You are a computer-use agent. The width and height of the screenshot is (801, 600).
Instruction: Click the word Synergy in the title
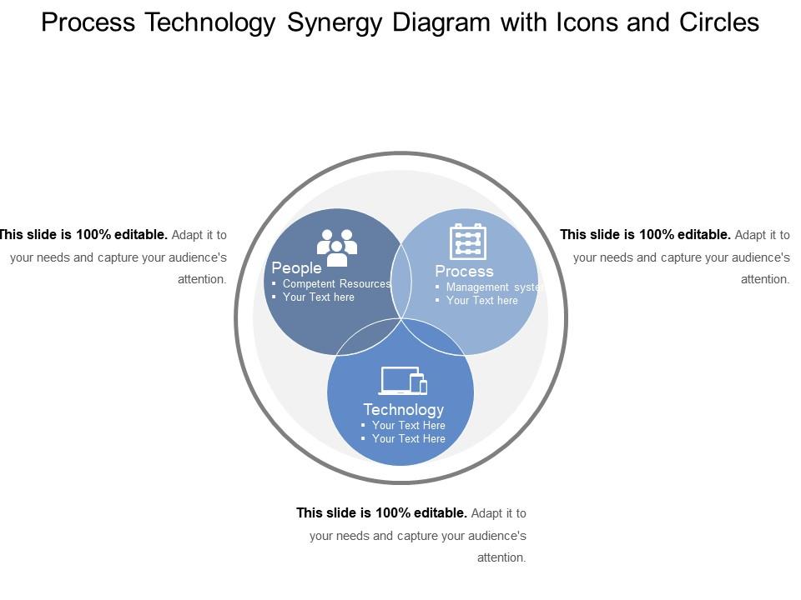pyautogui.click(x=334, y=23)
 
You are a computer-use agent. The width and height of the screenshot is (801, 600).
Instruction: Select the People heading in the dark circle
pyautogui.click(x=296, y=267)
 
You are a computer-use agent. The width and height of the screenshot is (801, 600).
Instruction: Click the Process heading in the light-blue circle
pyautogui.click(x=464, y=271)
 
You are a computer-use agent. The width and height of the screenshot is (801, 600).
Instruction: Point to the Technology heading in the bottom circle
pyautogui.click(x=404, y=410)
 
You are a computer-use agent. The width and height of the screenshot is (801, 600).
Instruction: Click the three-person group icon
pyautogui.click(x=336, y=247)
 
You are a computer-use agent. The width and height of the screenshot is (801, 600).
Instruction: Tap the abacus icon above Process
pyautogui.click(x=467, y=242)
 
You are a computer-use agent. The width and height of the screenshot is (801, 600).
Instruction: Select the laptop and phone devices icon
pyautogui.click(x=403, y=381)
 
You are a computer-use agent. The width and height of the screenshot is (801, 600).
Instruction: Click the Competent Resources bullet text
pyautogui.click(x=336, y=283)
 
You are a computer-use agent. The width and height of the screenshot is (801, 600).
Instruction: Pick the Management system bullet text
pyautogui.click(x=493, y=287)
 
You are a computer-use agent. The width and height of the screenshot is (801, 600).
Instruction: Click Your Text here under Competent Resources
pyautogui.click(x=318, y=297)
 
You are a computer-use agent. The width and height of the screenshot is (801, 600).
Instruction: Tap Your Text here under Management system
pyautogui.click(x=481, y=301)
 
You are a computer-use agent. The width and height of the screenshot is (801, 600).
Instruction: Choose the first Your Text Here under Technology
pyautogui.click(x=408, y=426)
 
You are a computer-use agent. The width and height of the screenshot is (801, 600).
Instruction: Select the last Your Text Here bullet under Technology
pyautogui.click(x=408, y=439)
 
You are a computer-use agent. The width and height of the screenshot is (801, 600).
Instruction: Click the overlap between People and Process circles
pyautogui.click(x=401, y=282)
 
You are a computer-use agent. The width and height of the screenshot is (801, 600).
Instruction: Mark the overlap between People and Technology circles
pyautogui.click(x=369, y=337)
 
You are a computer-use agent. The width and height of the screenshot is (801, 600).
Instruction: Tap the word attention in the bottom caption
pyautogui.click(x=500, y=557)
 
